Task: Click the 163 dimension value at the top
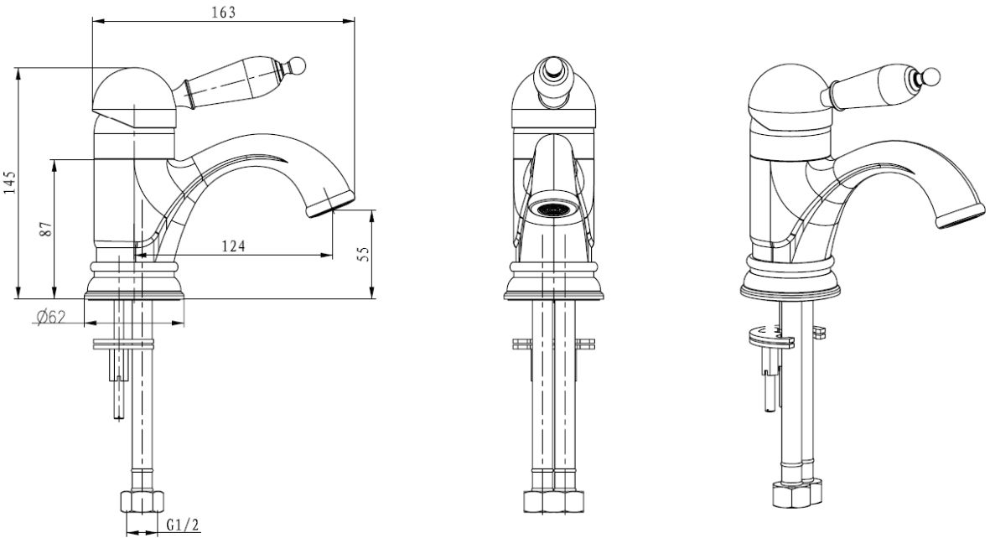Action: click(224, 12)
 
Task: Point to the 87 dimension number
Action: click(44, 230)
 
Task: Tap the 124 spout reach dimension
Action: click(233, 246)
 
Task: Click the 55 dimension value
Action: click(363, 254)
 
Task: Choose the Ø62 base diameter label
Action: click(51, 317)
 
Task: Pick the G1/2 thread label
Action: click(183, 525)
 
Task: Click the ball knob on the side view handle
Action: click(298, 65)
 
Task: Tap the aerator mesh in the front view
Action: click(553, 209)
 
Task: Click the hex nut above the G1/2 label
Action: click(142, 501)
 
